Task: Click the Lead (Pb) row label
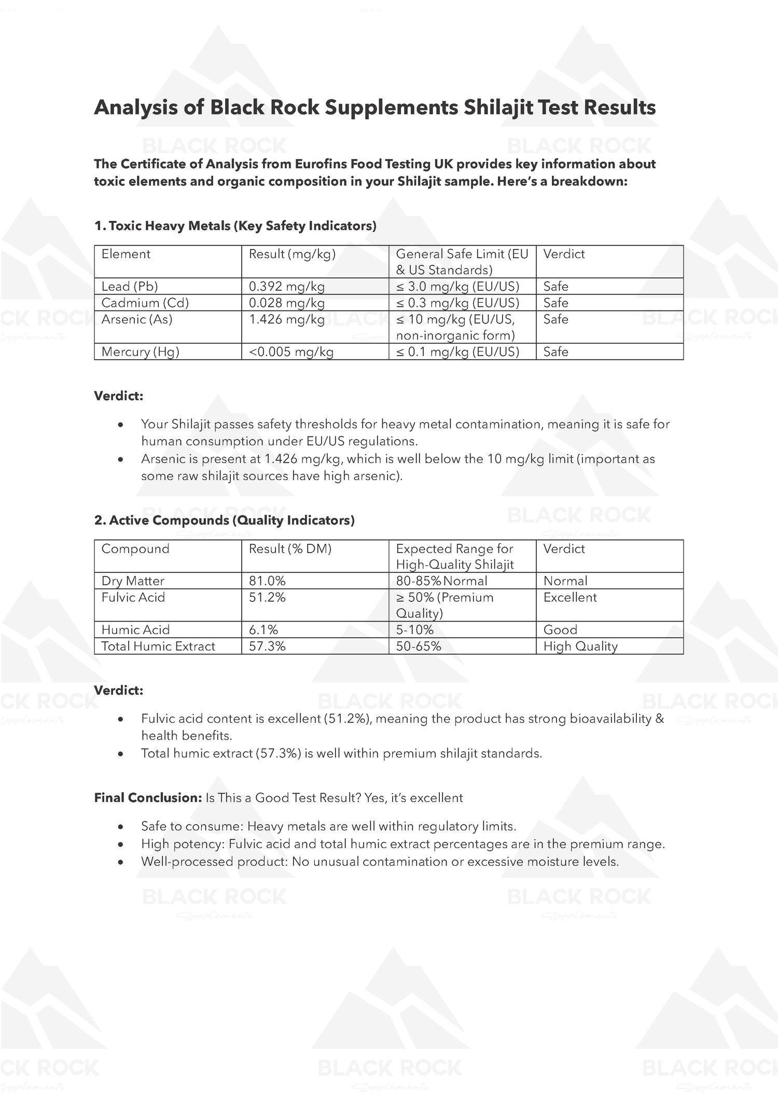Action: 130,286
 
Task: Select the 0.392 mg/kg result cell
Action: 287,286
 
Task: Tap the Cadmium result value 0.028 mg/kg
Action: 287,303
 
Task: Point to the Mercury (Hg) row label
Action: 141,351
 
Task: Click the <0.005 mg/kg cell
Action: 291,351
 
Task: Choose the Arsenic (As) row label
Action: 137,319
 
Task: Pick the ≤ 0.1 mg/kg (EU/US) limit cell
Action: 457,351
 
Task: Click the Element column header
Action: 126,254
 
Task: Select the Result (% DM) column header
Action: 290,548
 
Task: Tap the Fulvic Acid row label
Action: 133,597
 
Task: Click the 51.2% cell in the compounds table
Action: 267,597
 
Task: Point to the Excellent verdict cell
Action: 570,597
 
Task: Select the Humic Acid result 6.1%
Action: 263,629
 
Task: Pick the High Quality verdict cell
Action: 580,646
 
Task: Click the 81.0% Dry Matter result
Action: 267,581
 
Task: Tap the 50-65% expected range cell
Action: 419,646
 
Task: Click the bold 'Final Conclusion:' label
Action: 148,797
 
